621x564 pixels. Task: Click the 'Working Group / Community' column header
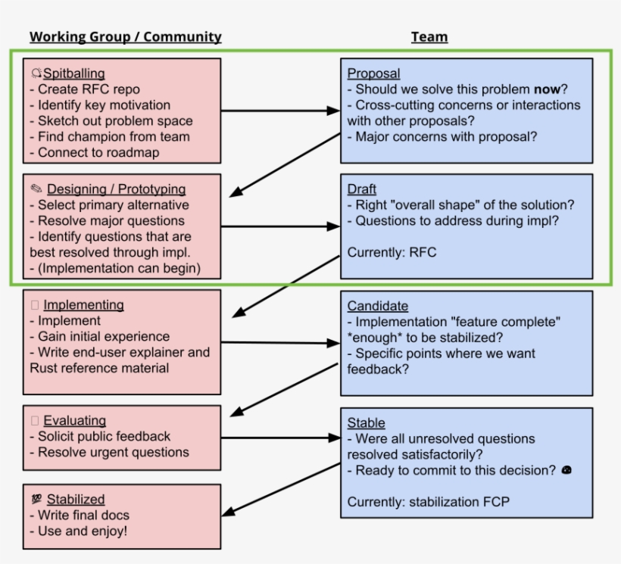click(x=126, y=36)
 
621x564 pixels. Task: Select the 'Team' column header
click(x=429, y=36)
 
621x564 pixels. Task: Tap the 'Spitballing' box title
click(x=73, y=73)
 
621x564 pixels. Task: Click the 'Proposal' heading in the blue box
click(x=373, y=73)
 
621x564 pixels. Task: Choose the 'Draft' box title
click(x=362, y=189)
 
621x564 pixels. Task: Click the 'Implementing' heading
click(x=83, y=305)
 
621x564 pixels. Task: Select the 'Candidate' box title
click(x=378, y=306)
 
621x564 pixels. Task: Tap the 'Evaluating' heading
click(x=74, y=421)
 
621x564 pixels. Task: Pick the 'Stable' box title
click(x=366, y=423)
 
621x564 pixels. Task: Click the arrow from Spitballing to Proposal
click(x=280, y=111)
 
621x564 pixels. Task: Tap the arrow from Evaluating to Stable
click(x=280, y=437)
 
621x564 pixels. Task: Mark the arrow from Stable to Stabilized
click(x=284, y=488)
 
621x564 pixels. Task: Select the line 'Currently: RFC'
click(x=392, y=253)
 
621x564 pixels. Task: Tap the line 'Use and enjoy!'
click(x=83, y=531)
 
